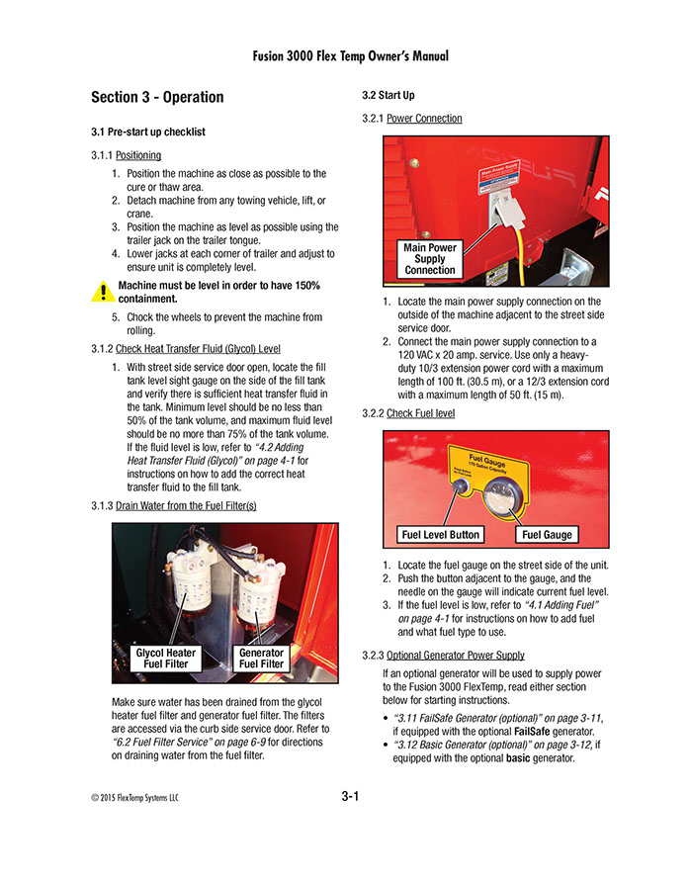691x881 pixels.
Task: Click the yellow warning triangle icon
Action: (101, 292)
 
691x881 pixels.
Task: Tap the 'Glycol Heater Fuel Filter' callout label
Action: (165, 659)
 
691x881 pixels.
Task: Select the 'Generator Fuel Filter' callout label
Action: (262, 659)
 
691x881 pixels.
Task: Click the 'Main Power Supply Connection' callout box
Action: (430, 259)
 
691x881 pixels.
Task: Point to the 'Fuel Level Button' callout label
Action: (440, 535)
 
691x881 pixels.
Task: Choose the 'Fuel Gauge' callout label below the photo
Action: (546, 535)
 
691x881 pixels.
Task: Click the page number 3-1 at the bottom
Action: (349, 796)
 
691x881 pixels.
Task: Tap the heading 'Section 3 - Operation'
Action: (157, 97)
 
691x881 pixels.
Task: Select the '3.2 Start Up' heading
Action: (389, 95)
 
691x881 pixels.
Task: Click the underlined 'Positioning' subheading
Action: (138, 155)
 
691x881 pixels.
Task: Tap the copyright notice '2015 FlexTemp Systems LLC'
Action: (133, 798)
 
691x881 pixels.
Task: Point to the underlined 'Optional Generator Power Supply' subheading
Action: (455, 656)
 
